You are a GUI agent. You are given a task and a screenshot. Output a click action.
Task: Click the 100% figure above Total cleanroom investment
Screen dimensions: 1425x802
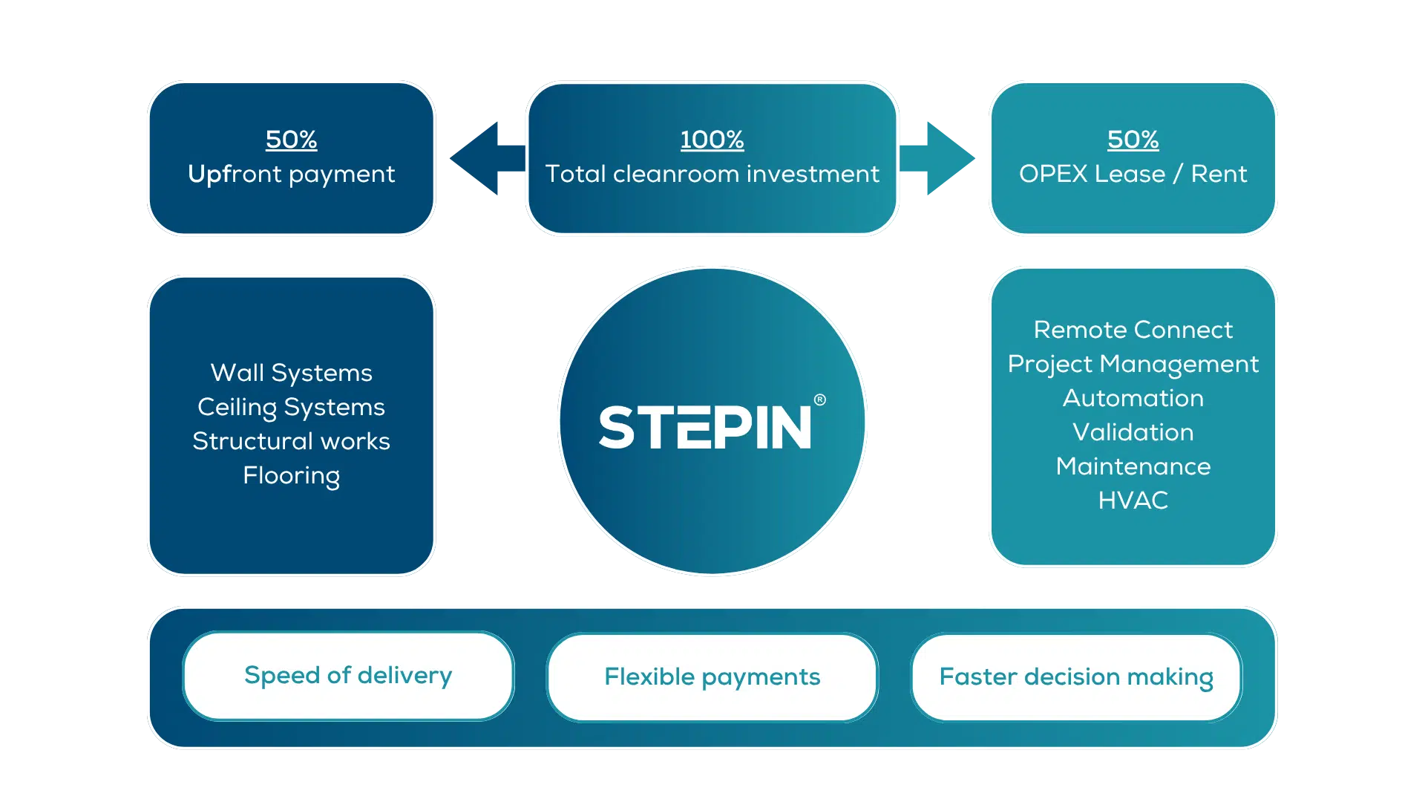[x=712, y=140]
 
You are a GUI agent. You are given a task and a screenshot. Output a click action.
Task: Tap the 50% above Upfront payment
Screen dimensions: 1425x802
[x=291, y=140]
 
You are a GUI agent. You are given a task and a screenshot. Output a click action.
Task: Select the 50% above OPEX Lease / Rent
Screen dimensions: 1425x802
[x=1133, y=140]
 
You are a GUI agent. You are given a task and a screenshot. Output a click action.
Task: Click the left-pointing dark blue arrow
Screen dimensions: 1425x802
[x=488, y=158]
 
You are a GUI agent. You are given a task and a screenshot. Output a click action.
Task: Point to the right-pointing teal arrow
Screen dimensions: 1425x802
[x=937, y=158]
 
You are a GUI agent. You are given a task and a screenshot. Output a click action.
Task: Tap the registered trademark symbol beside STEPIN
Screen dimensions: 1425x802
[x=819, y=400]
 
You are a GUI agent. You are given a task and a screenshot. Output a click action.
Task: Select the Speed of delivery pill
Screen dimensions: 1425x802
[x=348, y=676]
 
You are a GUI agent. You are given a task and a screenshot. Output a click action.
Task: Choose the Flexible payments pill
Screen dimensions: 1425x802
[x=712, y=677]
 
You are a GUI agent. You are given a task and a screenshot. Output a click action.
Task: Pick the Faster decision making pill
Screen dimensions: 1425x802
[x=1076, y=677]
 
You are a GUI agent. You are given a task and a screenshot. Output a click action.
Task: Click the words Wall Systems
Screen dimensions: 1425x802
[x=291, y=373]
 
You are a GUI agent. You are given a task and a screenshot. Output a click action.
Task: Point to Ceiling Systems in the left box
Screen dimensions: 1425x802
[x=291, y=407]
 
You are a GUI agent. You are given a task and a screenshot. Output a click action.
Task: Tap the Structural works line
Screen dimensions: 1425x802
[x=291, y=441]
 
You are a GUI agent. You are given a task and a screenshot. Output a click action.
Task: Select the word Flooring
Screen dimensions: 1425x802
[x=291, y=475]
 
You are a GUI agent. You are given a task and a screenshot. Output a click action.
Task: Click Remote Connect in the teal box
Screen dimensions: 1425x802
[x=1133, y=330]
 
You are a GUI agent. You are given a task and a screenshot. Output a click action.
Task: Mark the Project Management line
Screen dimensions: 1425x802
[x=1133, y=364]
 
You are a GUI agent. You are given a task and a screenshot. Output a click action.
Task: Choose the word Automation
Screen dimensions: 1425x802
[x=1133, y=398]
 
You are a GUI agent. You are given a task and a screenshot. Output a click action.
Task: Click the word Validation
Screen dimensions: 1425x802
[x=1133, y=432]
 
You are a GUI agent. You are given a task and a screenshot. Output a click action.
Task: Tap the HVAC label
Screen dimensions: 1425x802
[x=1133, y=501]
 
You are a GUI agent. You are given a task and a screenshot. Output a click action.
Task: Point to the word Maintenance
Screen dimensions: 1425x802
[x=1133, y=466]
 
